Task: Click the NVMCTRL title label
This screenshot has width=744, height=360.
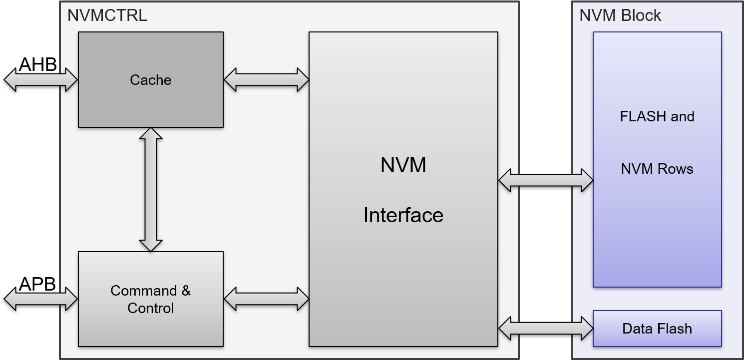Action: [x=107, y=15]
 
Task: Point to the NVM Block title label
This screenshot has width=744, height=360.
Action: [x=620, y=15]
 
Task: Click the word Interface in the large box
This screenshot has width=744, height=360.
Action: [x=403, y=215]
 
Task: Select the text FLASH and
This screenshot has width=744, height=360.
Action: [x=657, y=116]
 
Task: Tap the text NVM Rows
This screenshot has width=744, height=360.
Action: [x=657, y=169]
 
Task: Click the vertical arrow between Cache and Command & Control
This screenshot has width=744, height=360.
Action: [x=150, y=190]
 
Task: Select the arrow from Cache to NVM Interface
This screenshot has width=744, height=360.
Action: [x=266, y=79]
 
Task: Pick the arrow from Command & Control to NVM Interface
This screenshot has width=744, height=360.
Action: [x=266, y=299]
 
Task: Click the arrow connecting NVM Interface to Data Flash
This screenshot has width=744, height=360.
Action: [x=545, y=329]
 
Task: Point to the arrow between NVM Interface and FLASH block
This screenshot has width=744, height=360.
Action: [x=545, y=180]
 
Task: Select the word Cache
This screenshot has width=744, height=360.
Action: [x=150, y=80]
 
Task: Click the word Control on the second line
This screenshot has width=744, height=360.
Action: [x=150, y=308]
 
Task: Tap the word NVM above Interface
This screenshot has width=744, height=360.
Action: [x=403, y=165]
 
